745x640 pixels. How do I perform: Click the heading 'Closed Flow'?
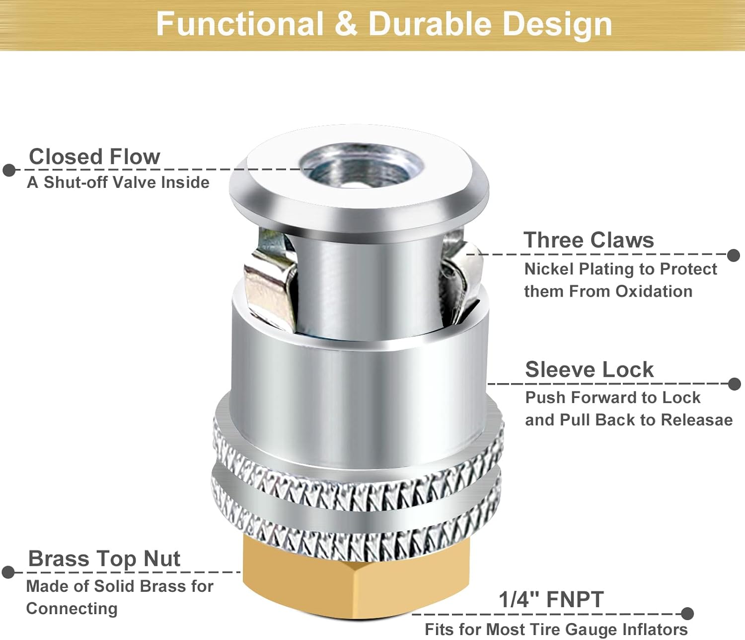click(x=94, y=157)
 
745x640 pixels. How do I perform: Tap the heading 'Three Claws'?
click(x=589, y=240)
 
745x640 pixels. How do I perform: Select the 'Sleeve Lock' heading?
click(x=589, y=370)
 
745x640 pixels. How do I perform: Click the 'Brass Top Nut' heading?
click(x=104, y=559)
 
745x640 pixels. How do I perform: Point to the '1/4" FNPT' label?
click(x=551, y=599)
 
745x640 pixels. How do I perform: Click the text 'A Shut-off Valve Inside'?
click(x=118, y=182)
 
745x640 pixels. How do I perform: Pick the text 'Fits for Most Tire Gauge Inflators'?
click(x=556, y=630)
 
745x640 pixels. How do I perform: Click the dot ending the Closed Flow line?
click(x=9, y=170)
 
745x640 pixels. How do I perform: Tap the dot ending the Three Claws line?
click(x=734, y=255)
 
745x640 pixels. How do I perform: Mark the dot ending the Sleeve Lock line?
click(x=734, y=384)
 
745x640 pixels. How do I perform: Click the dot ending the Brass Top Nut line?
click(x=8, y=572)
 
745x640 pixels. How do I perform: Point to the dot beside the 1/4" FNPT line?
click(x=687, y=614)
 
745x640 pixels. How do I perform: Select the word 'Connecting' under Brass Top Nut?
click(x=72, y=609)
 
